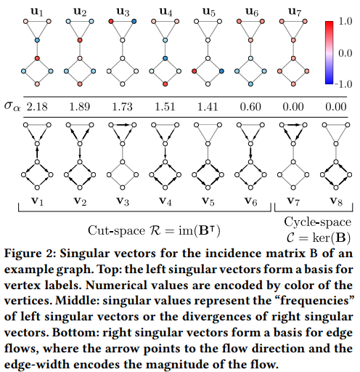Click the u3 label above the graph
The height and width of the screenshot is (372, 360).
point(123,12)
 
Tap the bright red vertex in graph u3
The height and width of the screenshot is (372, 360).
point(111,21)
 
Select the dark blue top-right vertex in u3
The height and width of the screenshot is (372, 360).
point(134,21)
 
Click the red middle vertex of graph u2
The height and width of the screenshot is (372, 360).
point(80,40)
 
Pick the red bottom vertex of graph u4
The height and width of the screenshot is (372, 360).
point(165,84)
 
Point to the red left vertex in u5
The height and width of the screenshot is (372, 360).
point(194,71)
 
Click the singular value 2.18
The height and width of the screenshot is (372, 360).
point(37,107)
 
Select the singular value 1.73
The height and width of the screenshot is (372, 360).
point(123,107)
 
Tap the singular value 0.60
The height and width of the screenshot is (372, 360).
point(250,107)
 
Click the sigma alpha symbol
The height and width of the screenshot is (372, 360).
point(12,107)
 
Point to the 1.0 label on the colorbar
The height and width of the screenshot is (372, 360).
point(345,21)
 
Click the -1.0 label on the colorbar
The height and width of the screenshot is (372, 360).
point(343,84)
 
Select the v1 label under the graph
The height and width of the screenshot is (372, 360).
point(37,201)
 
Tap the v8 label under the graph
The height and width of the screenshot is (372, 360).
point(336,201)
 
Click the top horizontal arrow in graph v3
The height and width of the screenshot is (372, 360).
point(123,125)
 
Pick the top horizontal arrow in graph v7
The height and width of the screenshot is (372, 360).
point(293,125)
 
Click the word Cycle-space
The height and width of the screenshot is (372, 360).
point(318,222)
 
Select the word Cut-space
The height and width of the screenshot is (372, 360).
point(116,230)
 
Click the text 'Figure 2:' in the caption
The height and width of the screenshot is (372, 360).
point(30,254)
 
